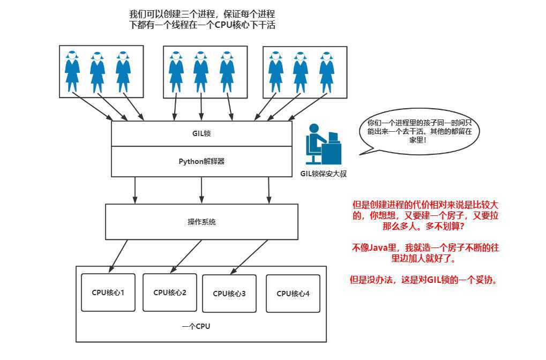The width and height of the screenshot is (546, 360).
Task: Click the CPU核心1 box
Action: (x=108, y=293)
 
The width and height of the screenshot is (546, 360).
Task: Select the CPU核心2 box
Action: (x=170, y=292)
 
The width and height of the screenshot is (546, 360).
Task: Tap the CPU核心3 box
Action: (x=229, y=294)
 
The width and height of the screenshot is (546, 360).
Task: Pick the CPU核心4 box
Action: (x=293, y=294)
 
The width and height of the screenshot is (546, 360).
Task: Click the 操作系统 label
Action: (x=201, y=222)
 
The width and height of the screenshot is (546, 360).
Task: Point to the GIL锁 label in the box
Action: (x=201, y=133)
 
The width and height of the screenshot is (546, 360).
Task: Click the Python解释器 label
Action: (x=201, y=161)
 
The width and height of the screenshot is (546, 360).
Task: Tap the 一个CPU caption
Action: (x=196, y=326)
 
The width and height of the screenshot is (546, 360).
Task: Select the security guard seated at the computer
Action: (x=322, y=144)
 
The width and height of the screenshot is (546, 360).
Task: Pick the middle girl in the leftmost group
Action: (x=98, y=72)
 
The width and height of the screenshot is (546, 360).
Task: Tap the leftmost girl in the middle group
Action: (x=176, y=72)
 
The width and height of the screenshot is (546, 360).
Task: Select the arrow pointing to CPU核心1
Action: (x=118, y=256)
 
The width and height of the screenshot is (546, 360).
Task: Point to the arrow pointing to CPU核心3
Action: (x=251, y=256)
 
